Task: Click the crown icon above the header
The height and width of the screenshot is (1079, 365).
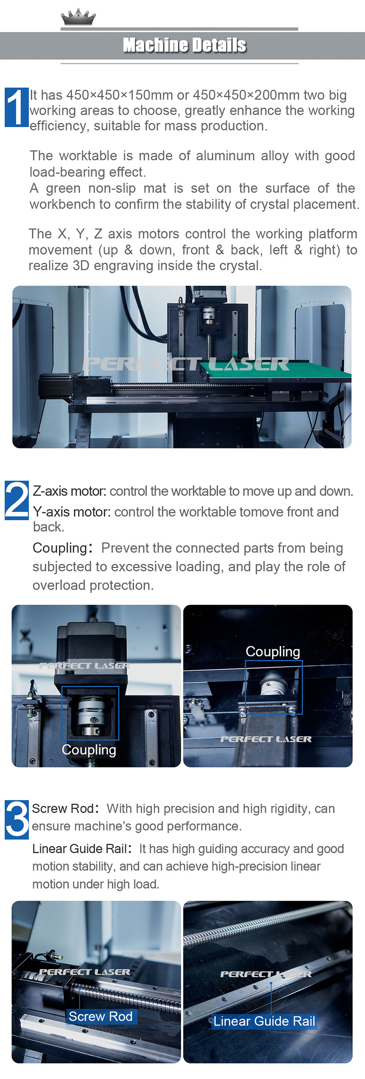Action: pyautogui.click(x=78, y=17)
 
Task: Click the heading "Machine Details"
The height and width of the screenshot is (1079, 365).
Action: pyautogui.click(x=184, y=45)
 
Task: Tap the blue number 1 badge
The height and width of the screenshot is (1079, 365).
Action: pyautogui.click(x=16, y=107)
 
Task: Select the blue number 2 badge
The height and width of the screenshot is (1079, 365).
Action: pyautogui.click(x=16, y=500)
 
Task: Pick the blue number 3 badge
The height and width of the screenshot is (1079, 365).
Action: pyautogui.click(x=16, y=819)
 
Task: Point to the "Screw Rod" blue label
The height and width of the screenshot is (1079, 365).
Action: pyautogui.click(x=101, y=1016)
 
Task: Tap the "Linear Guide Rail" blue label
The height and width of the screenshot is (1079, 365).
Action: pyautogui.click(x=264, y=1021)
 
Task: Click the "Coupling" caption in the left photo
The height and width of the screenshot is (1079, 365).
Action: pyautogui.click(x=89, y=750)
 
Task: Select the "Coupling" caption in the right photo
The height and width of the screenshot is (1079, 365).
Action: pyautogui.click(x=273, y=652)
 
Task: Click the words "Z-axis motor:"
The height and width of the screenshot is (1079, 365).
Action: pyautogui.click(x=69, y=491)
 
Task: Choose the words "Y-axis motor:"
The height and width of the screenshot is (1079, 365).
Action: pyautogui.click(x=72, y=512)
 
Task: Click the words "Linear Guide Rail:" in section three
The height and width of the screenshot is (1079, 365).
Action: pyautogui.click(x=82, y=849)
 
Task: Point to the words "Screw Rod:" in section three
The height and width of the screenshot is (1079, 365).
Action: pyautogui.click(x=65, y=808)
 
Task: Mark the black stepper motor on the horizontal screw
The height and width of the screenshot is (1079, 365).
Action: pyautogui.click(x=57, y=384)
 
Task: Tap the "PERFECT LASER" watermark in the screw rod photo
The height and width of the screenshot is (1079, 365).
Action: pyautogui.click(x=85, y=972)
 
